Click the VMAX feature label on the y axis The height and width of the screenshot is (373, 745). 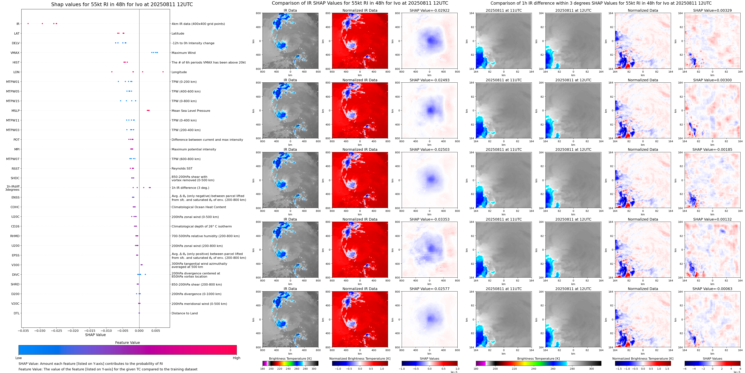[x=15, y=53]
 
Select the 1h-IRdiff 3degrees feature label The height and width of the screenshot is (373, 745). [x=13, y=188]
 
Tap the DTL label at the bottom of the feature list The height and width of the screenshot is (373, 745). [x=17, y=313]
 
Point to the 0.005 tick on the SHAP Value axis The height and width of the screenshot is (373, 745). [x=156, y=330]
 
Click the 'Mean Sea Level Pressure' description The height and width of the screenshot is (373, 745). [x=191, y=110]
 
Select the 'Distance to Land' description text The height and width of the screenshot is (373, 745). [x=184, y=313]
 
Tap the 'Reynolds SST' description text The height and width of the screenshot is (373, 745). [x=182, y=168]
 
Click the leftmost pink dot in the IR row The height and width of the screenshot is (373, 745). [x=28, y=23]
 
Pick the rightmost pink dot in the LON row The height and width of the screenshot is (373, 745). [x=163, y=72]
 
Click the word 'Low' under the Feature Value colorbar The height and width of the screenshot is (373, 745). [x=19, y=358]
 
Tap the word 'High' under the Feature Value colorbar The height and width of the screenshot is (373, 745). [x=236, y=358]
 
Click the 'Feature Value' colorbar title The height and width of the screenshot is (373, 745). [x=127, y=343]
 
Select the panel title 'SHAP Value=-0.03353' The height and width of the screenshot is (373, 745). [x=430, y=219]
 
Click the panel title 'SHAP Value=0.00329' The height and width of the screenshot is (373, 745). [x=712, y=10]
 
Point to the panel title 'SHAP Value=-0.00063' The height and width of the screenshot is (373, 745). [x=712, y=289]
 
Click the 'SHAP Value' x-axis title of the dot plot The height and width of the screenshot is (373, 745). [x=95, y=335]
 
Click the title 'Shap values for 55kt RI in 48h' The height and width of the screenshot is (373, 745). [x=122, y=4]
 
